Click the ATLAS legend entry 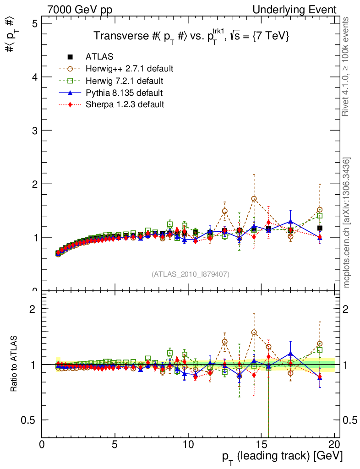[99, 57]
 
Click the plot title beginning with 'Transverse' [191, 36]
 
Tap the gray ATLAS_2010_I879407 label [190, 274]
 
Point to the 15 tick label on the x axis [261, 444]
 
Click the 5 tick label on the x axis [115, 444]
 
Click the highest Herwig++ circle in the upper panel [254, 198]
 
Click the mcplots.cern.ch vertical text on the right [347, 223]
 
